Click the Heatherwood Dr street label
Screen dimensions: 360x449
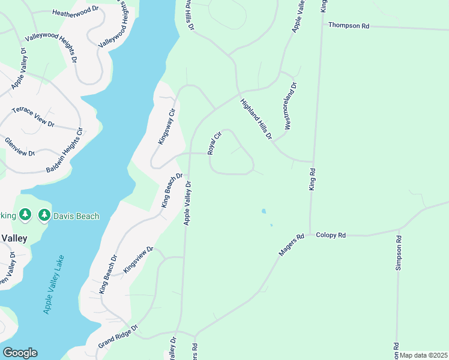pyautogui.click(x=75, y=11)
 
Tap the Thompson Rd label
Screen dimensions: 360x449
pyautogui.click(x=348, y=26)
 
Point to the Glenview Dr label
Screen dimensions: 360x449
pyautogui.click(x=20, y=146)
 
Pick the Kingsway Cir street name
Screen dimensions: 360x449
pyautogui.click(x=166, y=126)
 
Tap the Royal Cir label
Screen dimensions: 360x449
pyautogui.click(x=215, y=143)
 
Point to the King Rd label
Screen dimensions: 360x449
pyautogui.click(x=312, y=179)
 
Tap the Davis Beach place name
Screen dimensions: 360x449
pyautogui.click(x=76, y=216)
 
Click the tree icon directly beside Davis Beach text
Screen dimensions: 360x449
pyautogui.click(x=44, y=215)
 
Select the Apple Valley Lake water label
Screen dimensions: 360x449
pyautogui.click(x=54, y=284)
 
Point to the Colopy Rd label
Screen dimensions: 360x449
pyautogui.click(x=331, y=236)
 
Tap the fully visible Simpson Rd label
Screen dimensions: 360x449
pyautogui.click(x=398, y=253)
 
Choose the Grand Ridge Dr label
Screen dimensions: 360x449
pyautogui.click(x=118, y=337)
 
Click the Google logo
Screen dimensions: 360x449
pyautogui.click(x=20, y=353)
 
